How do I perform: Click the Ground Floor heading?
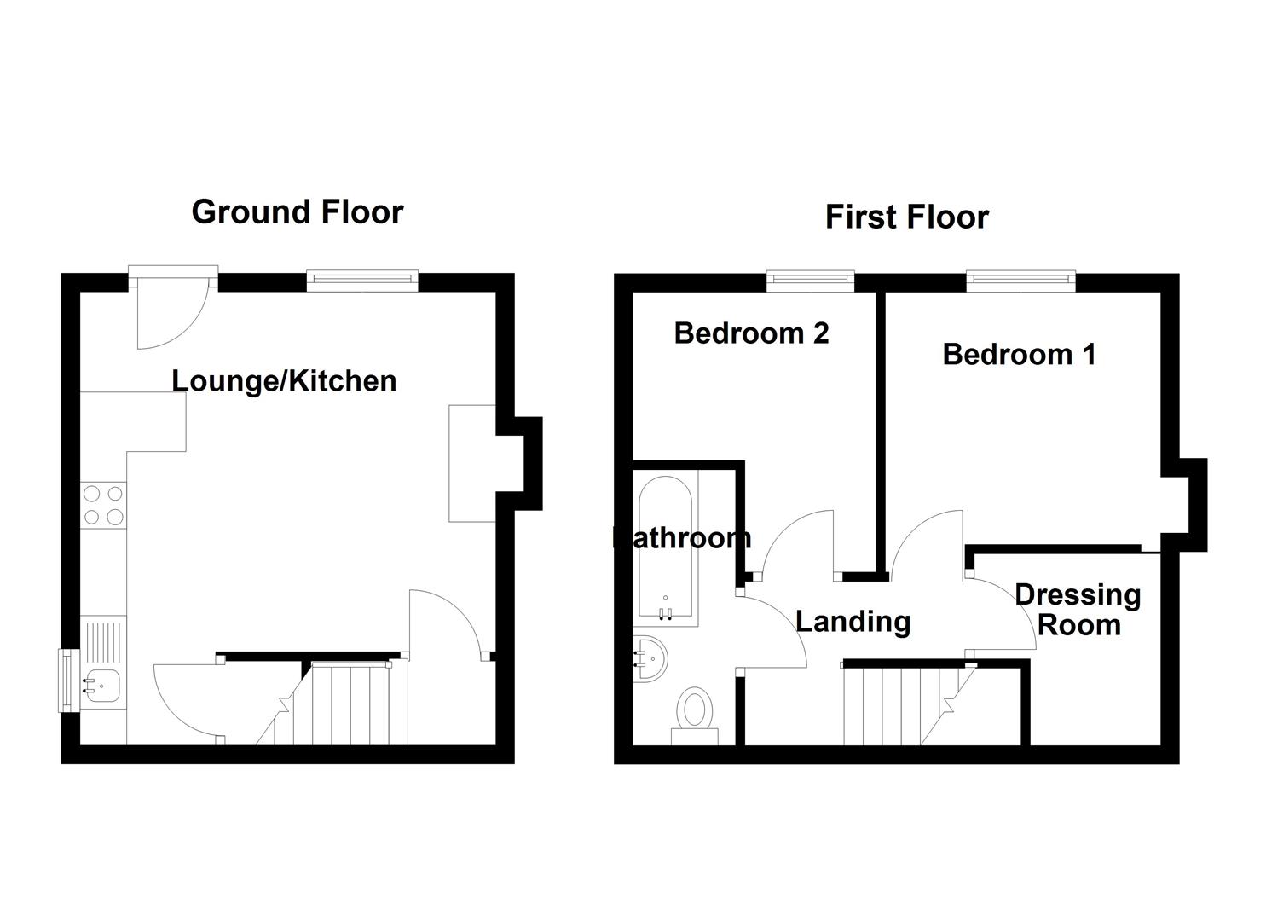click(x=297, y=211)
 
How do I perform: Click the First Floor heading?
click(x=906, y=217)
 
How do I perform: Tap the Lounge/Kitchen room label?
click(x=284, y=380)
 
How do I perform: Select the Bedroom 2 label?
click(x=751, y=333)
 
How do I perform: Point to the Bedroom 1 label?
click(x=1019, y=353)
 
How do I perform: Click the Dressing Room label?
click(x=1078, y=609)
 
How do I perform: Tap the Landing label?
click(x=853, y=621)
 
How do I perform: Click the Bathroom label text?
click(x=682, y=537)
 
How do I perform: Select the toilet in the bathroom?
click(x=695, y=713)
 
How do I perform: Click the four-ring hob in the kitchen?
click(x=102, y=504)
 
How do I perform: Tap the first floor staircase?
click(x=904, y=704)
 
